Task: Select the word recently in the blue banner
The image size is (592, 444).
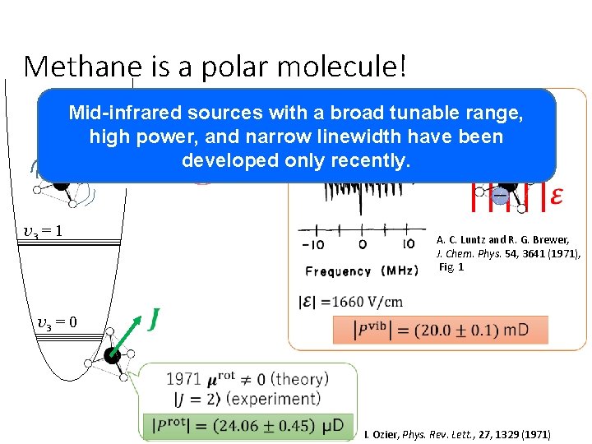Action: tap(365, 160)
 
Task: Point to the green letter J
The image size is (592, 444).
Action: tap(153, 317)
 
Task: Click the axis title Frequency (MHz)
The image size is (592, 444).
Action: tap(360, 271)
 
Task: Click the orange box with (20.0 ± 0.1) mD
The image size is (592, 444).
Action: tap(440, 330)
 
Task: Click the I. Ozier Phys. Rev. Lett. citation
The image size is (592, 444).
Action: tap(457, 434)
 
